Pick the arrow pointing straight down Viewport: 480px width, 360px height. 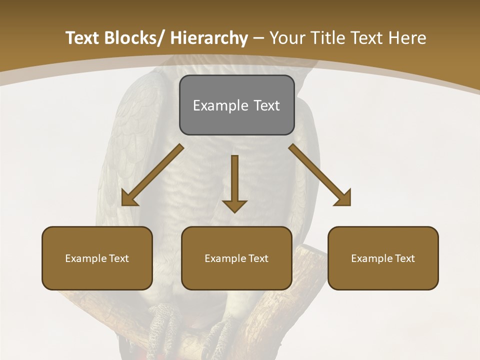pyautogui.click(x=234, y=182)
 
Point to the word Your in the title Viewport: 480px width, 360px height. pyautogui.click(x=285, y=38)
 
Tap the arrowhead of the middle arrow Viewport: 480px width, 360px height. pyautogui.click(x=234, y=206)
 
